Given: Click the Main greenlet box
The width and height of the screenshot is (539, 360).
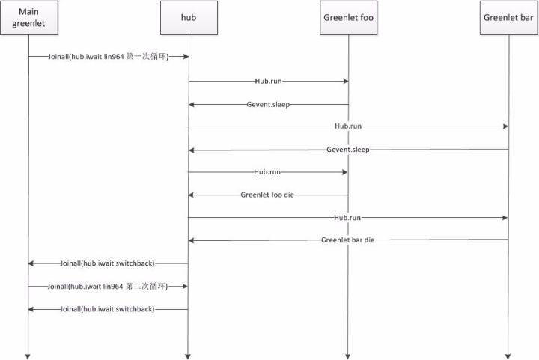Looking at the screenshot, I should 28,18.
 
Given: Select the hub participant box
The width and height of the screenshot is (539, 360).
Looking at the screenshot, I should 188,18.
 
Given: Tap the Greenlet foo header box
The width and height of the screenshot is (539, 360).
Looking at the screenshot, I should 347,18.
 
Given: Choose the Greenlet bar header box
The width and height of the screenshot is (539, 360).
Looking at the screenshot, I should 508,18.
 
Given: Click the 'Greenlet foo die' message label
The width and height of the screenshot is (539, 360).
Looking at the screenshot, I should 267,195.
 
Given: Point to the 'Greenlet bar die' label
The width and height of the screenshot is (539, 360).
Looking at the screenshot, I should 347,240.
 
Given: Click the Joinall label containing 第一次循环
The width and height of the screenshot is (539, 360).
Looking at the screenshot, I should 109,57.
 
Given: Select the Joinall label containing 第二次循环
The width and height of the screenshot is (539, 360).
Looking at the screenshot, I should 109,286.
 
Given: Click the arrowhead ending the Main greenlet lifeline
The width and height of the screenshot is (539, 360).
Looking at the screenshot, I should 28,355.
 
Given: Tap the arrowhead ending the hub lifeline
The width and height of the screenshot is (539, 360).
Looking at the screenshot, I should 188,355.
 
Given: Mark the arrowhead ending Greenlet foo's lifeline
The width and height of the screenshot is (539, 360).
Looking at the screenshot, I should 347,355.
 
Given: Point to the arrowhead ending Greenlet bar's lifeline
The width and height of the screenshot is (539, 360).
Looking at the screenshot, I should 508,355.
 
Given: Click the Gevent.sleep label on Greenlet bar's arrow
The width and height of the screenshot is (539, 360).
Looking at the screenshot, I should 348,150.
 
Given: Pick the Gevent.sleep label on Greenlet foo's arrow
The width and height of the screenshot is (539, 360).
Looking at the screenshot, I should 267,104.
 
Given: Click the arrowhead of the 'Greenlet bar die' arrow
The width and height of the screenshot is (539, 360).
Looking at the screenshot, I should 191,240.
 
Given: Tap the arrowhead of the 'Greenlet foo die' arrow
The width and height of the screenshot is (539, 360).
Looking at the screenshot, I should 191,195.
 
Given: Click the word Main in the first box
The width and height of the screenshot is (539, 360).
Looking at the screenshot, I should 28,12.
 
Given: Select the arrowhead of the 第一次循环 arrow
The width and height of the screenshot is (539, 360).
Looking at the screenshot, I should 185,57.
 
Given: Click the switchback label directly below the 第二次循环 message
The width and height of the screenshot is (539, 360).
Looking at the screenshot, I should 109,308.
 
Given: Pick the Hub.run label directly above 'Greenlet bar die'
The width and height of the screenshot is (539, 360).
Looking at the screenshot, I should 347,217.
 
